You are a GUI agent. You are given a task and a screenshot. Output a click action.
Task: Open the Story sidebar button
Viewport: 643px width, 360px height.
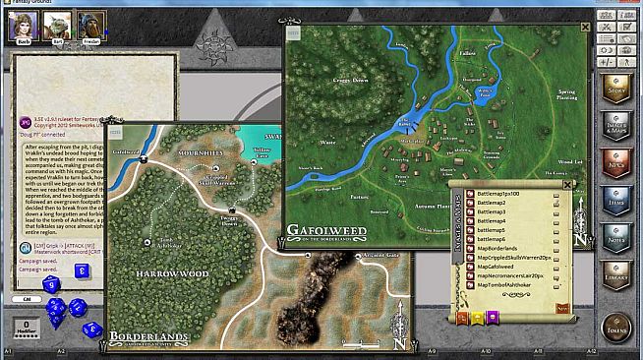click(x=617, y=91)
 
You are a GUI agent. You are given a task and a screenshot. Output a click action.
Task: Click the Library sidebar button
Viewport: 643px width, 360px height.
click(x=617, y=271)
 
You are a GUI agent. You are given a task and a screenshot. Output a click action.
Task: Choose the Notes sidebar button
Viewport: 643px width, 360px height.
click(x=617, y=234)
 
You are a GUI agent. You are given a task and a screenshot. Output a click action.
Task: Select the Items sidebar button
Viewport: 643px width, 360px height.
click(x=617, y=199)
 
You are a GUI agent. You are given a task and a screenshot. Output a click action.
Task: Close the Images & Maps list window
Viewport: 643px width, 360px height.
click(x=566, y=184)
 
